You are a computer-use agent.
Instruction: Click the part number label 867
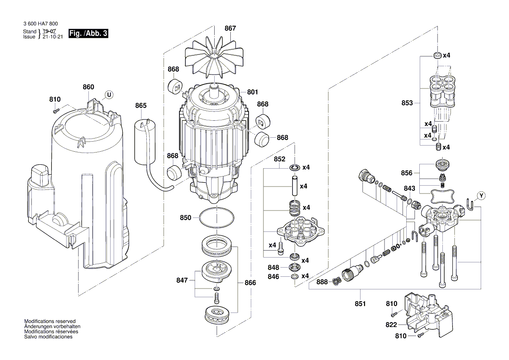(x=230, y=28)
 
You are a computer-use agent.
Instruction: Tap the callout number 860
(x=88, y=87)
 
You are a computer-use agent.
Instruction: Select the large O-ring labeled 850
(x=217, y=218)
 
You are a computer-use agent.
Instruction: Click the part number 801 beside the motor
(x=253, y=92)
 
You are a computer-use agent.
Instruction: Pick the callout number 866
(x=250, y=282)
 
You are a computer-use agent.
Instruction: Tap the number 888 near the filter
(x=322, y=282)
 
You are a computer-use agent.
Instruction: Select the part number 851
(x=360, y=303)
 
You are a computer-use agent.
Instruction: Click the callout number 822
(x=391, y=325)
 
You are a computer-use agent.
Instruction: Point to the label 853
(x=407, y=104)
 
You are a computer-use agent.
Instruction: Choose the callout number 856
(x=407, y=173)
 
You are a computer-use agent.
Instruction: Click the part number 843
(x=409, y=188)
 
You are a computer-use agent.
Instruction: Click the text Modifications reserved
(x=50, y=321)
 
